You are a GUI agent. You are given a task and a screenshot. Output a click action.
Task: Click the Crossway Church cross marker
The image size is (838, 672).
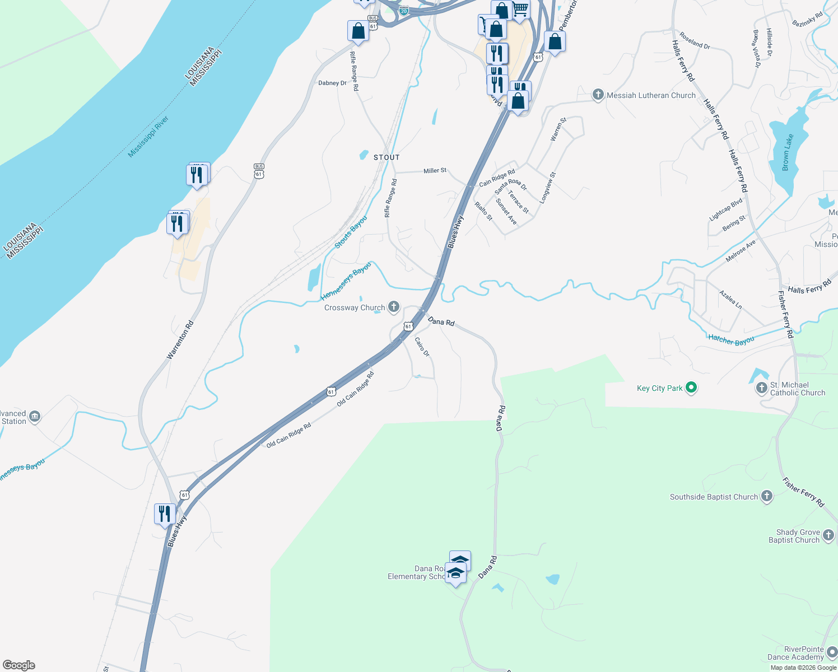pos(394,306)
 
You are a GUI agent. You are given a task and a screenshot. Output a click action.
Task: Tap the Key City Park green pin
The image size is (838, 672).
pos(691,388)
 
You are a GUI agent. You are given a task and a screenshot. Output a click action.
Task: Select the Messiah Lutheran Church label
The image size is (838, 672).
pos(651,95)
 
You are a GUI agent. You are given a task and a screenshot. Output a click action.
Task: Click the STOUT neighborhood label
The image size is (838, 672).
pos(387,157)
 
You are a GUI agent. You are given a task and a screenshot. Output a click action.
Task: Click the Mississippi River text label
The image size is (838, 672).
pos(148,137)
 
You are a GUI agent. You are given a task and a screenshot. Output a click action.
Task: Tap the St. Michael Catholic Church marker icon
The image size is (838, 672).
pos(761,388)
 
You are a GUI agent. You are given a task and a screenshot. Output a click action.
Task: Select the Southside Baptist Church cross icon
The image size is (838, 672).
pos(767,496)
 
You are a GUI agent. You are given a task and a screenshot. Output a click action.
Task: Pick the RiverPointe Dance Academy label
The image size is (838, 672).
pos(795,653)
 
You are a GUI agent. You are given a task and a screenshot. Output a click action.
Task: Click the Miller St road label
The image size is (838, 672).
pos(435,170)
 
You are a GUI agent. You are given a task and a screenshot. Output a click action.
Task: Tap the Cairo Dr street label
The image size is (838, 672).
pos(422,347)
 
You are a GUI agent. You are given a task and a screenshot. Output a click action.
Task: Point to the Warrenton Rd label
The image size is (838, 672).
pos(180,340)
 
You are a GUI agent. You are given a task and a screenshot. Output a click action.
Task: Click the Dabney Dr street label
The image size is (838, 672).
pos(332,83)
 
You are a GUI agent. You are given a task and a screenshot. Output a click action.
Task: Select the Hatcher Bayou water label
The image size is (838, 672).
pos(731,339)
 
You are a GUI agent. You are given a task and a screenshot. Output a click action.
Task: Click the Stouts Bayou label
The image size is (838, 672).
pos(351,232)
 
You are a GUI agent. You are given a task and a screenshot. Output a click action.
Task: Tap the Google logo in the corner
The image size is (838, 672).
pos(19,665)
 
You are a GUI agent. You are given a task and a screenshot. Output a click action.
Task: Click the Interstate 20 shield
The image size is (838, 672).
pos(404,10)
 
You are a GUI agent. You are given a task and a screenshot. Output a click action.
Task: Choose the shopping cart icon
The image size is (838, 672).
pos(520,10)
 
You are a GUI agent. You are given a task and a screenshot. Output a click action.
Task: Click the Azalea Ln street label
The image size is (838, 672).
pos(730,300)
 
